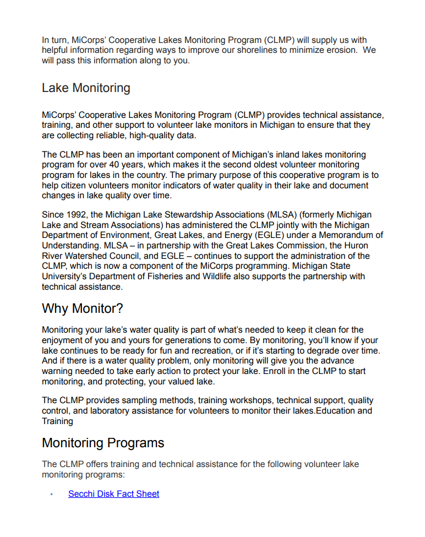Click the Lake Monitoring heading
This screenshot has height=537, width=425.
[x=86, y=88]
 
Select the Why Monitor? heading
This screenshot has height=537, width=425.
[x=83, y=308]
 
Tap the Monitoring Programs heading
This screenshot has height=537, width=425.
[x=103, y=443]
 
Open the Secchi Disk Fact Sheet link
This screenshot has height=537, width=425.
[x=113, y=494]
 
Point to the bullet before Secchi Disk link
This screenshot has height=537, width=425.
[x=51, y=494]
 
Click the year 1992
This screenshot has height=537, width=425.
[x=75, y=215]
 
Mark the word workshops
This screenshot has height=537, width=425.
[x=253, y=400]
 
